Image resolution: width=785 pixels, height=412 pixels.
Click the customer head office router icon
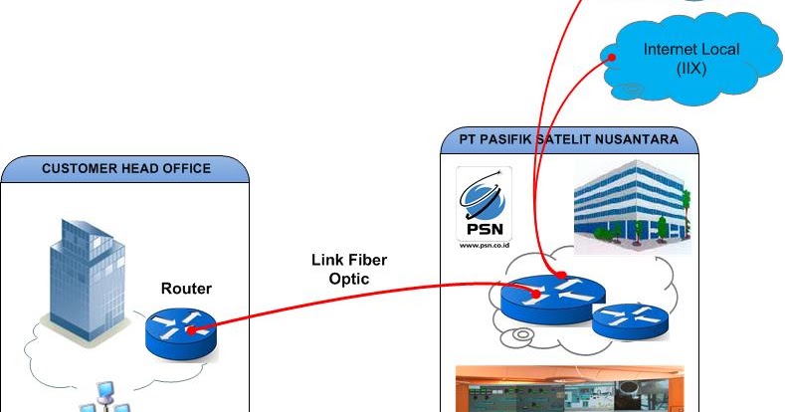(179, 332)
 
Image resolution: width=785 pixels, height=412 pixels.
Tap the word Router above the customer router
(186, 290)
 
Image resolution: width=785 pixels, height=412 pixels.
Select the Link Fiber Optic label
(348, 270)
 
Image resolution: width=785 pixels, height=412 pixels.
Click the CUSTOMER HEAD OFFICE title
(126, 168)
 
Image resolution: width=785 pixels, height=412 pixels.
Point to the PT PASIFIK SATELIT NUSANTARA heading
(569, 140)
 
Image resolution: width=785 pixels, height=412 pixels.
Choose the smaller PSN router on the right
(629, 318)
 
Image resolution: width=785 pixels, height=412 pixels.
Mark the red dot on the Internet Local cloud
(612, 57)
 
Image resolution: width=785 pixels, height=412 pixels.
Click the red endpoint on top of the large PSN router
(561, 275)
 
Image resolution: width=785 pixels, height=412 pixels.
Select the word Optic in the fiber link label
(348, 280)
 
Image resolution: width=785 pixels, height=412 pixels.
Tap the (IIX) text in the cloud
(689, 68)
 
